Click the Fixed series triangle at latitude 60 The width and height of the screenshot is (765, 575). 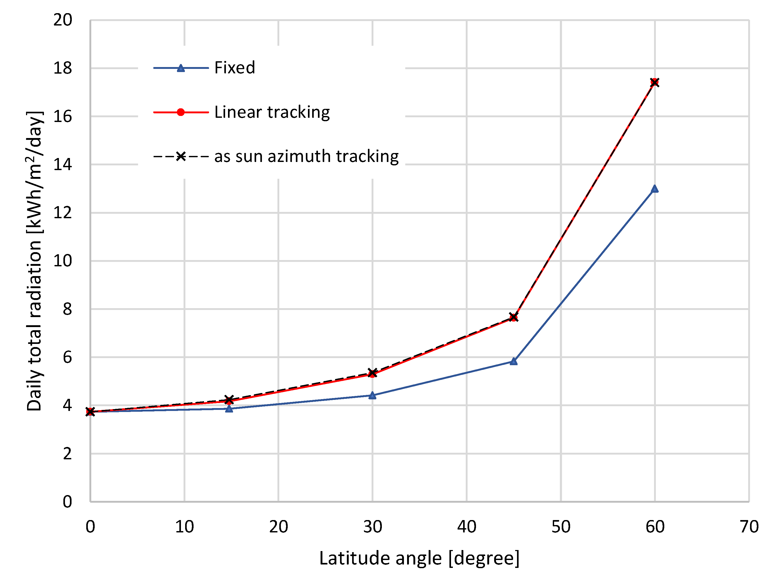tap(654, 189)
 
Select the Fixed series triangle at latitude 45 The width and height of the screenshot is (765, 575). tap(514, 361)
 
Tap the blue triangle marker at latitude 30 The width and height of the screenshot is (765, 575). tap(372, 395)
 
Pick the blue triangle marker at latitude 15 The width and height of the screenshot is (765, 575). tap(229, 409)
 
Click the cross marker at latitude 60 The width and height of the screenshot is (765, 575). tap(654, 82)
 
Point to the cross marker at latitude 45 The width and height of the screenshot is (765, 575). tap(514, 317)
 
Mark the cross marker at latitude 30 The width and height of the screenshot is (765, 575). tap(372, 372)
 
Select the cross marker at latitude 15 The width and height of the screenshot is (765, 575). tap(229, 399)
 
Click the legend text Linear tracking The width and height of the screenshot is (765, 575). tap(272, 112)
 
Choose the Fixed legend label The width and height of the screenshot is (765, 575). tap(235, 68)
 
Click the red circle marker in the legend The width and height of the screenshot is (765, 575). tap(180, 112)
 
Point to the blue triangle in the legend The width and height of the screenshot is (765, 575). tap(180, 68)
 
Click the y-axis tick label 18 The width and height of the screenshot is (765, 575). tap(63, 68)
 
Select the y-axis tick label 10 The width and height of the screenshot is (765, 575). tap(63, 261)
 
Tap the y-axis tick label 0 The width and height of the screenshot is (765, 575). tap(67, 501)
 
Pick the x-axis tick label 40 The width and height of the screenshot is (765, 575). tap(467, 527)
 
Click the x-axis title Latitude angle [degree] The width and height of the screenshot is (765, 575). tap(419, 558)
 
